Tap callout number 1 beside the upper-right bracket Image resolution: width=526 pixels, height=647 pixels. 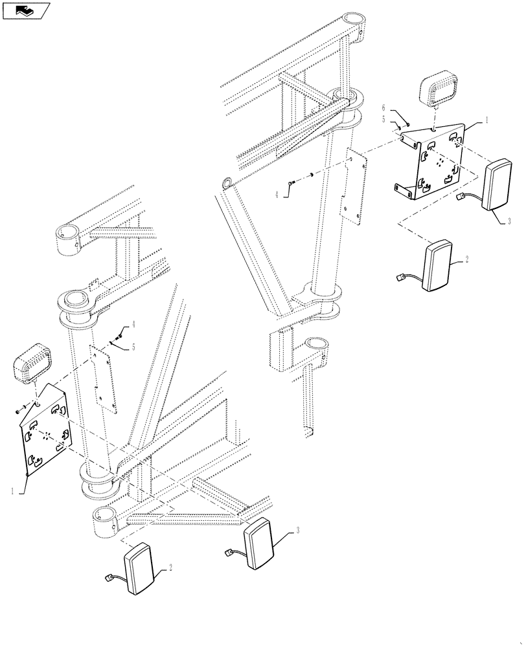pos(486,120)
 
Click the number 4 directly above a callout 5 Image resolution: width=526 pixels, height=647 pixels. pos(133,323)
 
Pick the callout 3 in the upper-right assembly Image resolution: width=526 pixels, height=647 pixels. pos(509,221)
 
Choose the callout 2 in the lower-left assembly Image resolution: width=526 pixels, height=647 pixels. pos(170,567)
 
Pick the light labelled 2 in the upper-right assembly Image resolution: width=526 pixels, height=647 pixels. pos(439,266)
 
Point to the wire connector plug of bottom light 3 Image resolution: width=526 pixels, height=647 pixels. pos(228,553)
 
